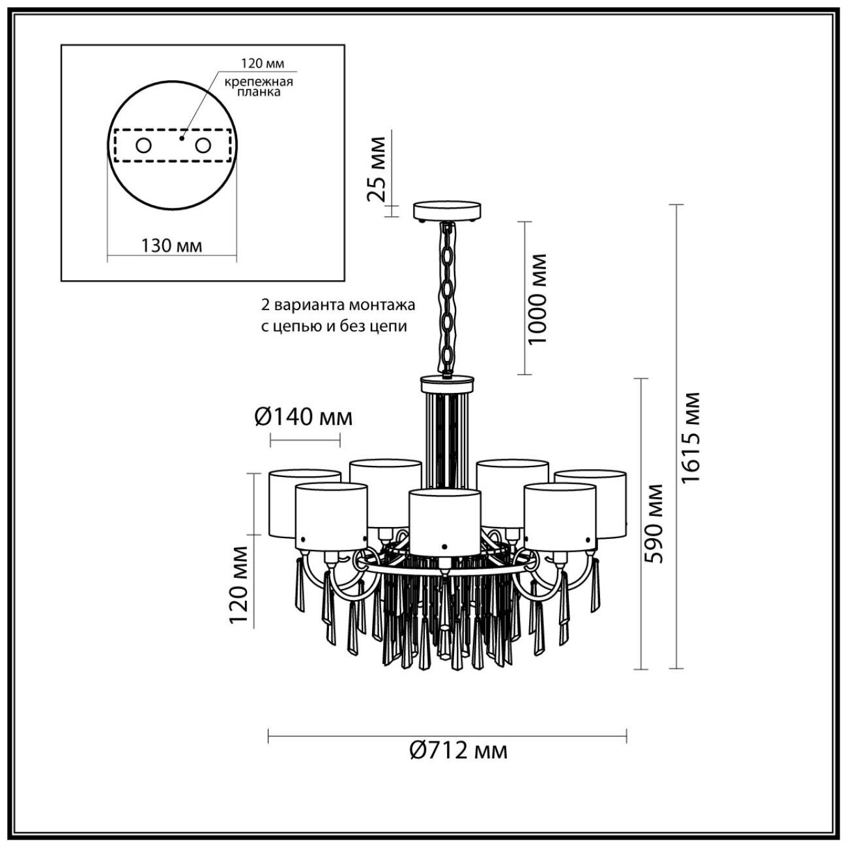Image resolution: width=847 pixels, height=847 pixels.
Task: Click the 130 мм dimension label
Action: coord(171,246)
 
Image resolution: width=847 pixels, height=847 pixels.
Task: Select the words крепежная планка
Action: coord(259,87)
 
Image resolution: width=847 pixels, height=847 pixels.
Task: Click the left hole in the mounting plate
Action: coord(143,146)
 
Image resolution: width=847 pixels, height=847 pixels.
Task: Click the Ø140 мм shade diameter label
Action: coord(304,416)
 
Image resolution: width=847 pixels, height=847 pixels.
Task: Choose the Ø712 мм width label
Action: coord(459,751)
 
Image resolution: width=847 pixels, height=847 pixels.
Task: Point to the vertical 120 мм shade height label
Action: coord(238,584)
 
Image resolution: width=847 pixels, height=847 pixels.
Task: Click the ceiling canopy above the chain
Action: coord(448,211)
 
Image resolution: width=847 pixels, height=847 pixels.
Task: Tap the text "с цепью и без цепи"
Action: coord(334,326)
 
